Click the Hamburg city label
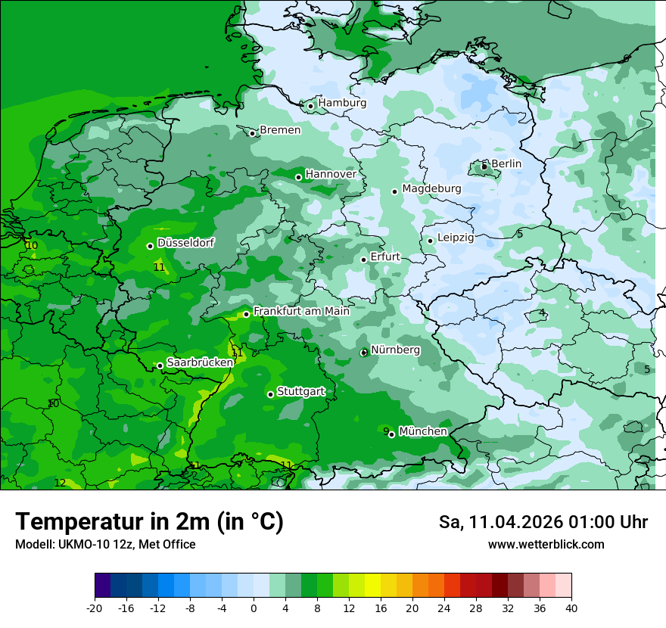tap(342, 103)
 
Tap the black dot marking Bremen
tap(253, 133)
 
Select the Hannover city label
tap(331, 174)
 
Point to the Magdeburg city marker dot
tap(395, 191)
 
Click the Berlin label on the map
tap(506, 163)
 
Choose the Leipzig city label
tap(456, 238)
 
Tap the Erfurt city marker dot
tap(364, 260)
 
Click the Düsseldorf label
tap(185, 243)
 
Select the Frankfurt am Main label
tap(301, 311)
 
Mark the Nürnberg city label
tap(395, 350)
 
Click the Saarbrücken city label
tap(200, 362)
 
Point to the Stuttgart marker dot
tap(270, 394)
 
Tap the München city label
tap(423, 431)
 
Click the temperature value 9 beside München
tap(386, 431)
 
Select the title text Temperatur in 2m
tap(149, 522)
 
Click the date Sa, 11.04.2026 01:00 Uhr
tap(543, 522)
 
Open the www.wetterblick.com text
tap(546, 545)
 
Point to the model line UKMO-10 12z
tap(105, 545)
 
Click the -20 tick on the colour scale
tap(95, 608)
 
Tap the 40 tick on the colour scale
tap(571, 608)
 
